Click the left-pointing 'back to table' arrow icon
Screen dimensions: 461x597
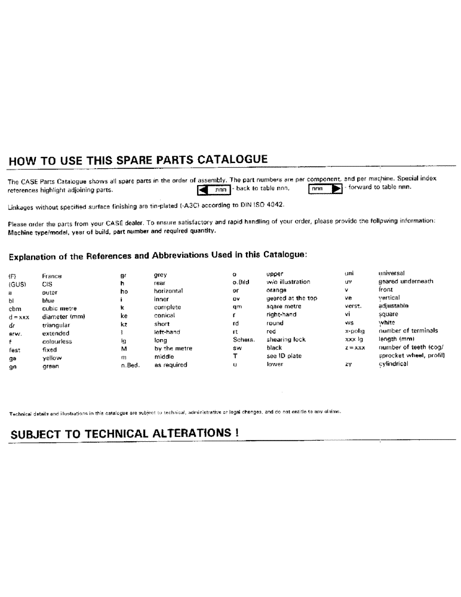[202, 189]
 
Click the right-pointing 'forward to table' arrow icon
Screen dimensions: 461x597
[336, 189]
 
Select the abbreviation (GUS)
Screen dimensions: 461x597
[17, 285]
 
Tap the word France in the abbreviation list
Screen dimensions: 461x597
[52, 276]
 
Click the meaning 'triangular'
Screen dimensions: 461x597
[56, 325]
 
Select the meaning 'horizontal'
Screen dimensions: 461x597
[172, 291]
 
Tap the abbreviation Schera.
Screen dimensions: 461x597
[244, 340]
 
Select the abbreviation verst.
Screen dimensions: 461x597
[353, 306]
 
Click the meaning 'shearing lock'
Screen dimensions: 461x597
[286, 340]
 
